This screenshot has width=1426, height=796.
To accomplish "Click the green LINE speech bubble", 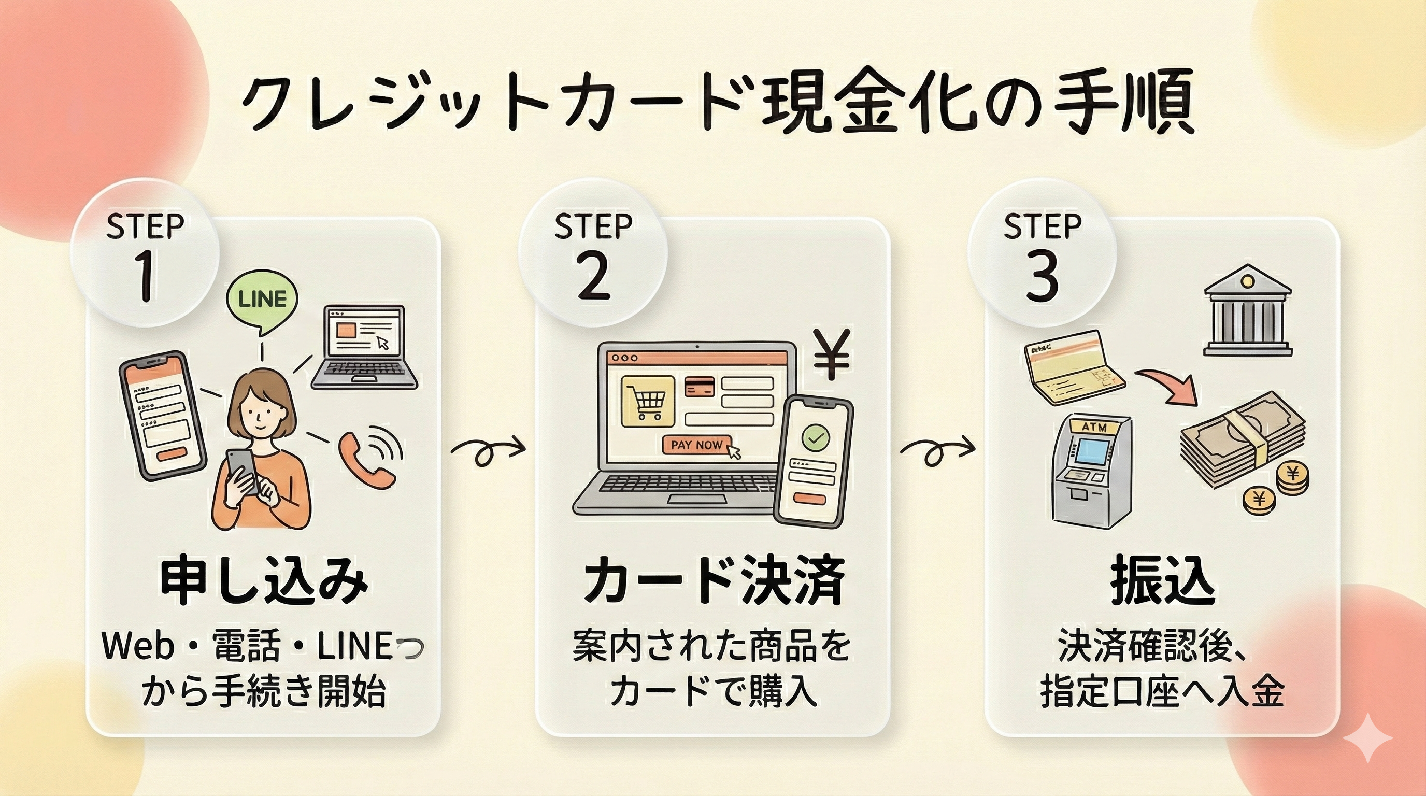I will pos(262,300).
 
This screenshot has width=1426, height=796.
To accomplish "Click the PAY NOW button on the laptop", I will pos(696,445).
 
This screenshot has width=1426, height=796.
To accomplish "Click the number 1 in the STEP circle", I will pos(146,277).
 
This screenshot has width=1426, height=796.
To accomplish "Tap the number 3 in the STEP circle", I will pos(1042,277).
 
